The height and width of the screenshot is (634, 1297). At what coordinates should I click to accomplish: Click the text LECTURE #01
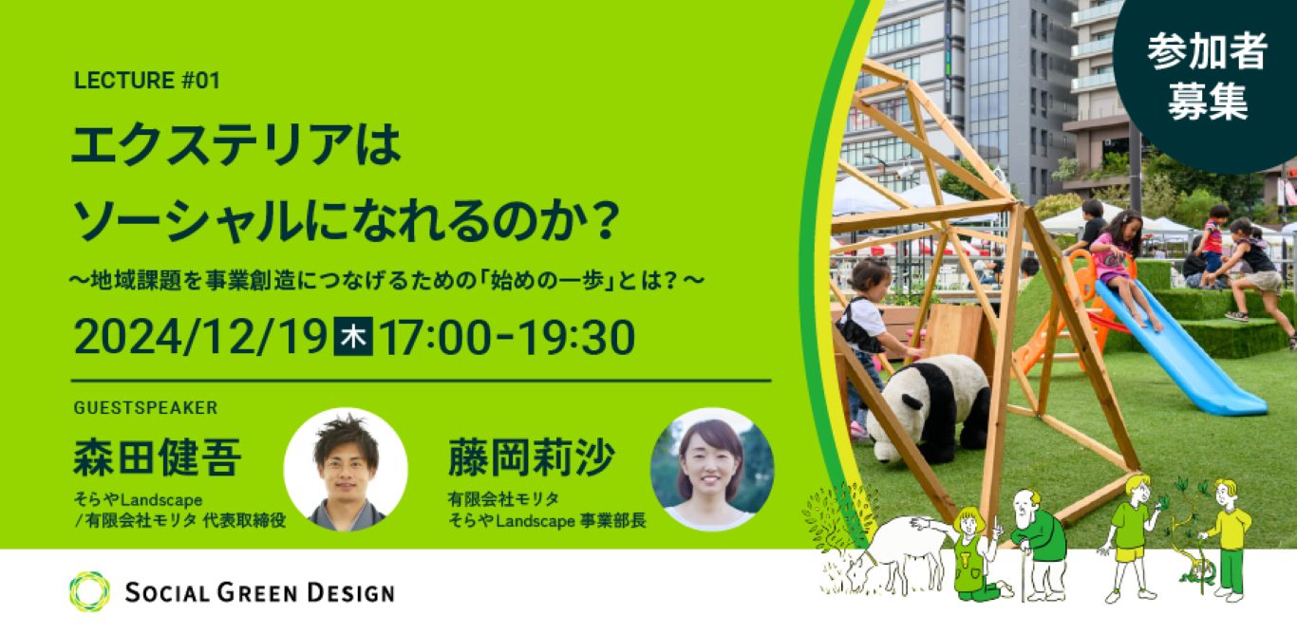(146, 82)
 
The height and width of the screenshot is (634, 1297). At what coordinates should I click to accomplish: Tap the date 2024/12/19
(199, 338)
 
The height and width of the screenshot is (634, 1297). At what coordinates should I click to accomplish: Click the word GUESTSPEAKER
(145, 408)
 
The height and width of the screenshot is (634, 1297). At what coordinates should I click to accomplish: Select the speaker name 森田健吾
(158, 457)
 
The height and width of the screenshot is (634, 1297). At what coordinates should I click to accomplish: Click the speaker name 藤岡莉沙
(532, 457)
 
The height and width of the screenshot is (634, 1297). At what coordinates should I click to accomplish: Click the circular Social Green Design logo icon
(89, 592)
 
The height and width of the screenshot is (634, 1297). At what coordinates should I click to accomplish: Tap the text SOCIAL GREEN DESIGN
(259, 593)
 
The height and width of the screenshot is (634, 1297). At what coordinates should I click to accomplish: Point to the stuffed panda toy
(927, 403)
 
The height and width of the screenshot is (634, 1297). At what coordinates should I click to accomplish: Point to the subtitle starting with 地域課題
(389, 282)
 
